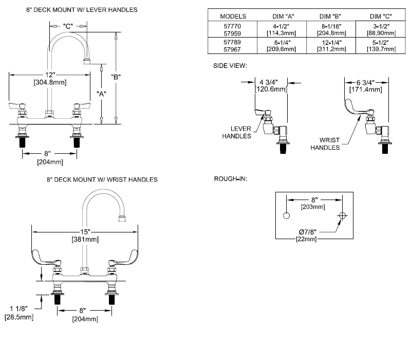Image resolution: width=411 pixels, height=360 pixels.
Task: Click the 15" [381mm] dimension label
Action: (x=85, y=236)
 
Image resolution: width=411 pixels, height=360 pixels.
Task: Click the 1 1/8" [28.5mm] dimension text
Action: (x=19, y=313)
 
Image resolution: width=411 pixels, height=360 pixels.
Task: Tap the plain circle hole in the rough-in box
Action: (x=286, y=215)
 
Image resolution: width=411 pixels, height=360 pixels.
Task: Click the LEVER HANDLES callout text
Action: (x=237, y=132)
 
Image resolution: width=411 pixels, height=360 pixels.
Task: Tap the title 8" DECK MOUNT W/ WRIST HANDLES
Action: (x=102, y=179)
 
